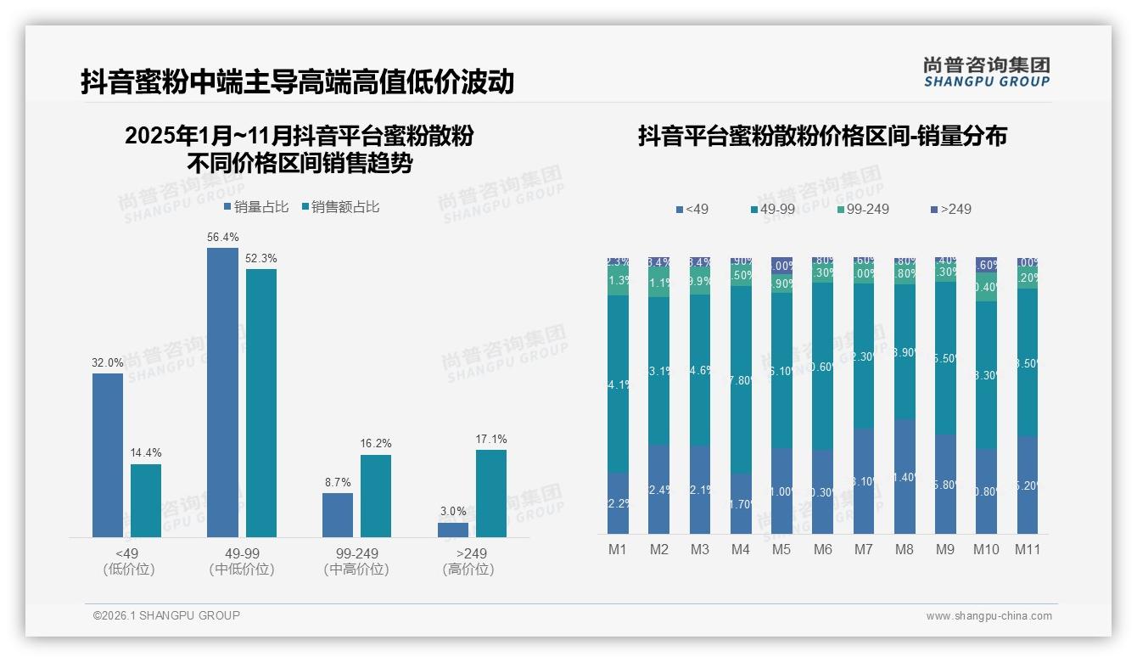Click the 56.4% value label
coord(222,237)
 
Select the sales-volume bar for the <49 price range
coord(108,455)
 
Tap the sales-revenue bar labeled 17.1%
coord(490,493)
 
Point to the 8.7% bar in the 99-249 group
coord(338,515)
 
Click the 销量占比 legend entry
coord(256,206)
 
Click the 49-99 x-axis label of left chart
coord(242,561)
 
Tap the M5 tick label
coord(781,549)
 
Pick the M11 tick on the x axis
coord(1028,549)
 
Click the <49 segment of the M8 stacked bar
coord(905,476)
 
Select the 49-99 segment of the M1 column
coord(618,384)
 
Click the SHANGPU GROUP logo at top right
coord(986,72)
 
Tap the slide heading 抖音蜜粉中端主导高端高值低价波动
coord(297,81)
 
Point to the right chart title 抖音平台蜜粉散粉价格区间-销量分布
coord(821,136)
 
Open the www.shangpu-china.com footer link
coord(989,616)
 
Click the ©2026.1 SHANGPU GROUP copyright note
coord(166,615)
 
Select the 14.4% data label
coord(146,452)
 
